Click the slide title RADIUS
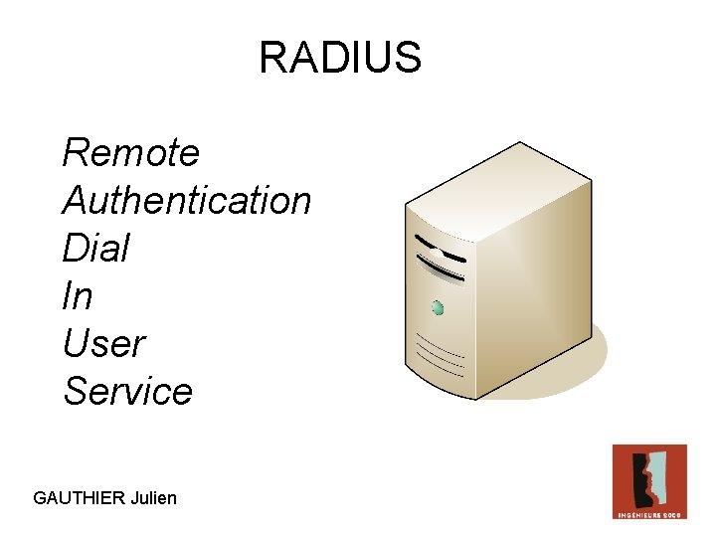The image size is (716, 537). [340, 58]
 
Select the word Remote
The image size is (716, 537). [130, 153]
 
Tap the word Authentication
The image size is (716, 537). [187, 201]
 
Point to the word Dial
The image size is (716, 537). [95, 249]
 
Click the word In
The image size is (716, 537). [77, 296]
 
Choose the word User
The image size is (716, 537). [103, 344]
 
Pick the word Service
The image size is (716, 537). [127, 391]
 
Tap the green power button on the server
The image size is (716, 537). [438, 308]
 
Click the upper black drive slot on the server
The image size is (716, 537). [439, 247]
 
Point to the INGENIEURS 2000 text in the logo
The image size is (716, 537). [649, 514]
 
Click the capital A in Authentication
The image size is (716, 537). [73, 201]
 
